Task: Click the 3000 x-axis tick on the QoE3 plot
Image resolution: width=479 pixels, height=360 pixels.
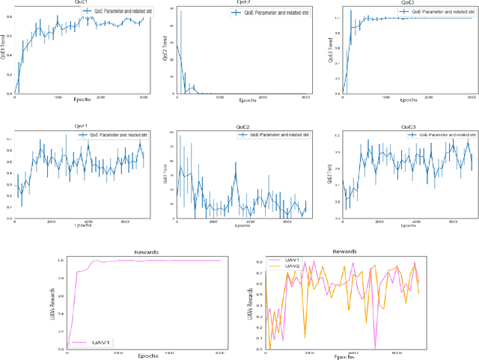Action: point(469,97)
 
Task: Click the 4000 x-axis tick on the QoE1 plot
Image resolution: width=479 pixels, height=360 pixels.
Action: point(88,222)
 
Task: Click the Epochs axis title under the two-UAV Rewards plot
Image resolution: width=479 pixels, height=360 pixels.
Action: point(344,357)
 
